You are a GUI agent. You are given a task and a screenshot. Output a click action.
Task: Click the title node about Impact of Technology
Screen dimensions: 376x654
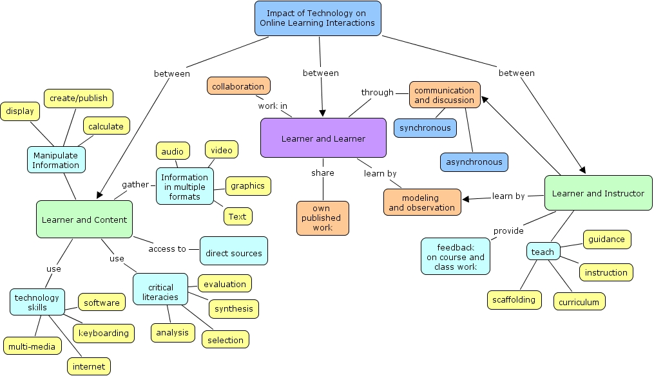point(318,18)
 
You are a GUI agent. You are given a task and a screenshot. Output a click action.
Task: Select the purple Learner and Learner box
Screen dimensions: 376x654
point(323,138)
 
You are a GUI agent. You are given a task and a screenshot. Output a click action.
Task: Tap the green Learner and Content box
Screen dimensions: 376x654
point(84,220)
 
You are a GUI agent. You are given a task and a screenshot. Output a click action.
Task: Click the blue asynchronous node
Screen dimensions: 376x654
point(474,162)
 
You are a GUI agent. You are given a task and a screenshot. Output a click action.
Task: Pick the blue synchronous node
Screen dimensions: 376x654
point(425,128)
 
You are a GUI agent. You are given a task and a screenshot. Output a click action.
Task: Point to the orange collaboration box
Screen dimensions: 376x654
point(238,86)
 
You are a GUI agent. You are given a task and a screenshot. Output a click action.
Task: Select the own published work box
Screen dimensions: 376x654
point(322,218)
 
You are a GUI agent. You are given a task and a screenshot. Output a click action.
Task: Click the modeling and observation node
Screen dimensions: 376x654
point(422,202)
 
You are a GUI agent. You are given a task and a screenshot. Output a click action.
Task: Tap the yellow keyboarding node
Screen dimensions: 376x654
point(104,333)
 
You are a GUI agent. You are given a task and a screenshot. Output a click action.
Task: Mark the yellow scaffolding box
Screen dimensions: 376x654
point(514,299)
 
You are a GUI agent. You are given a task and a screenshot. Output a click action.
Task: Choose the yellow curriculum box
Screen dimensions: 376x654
point(579,302)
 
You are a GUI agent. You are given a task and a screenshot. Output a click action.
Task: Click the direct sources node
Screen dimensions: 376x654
point(233,253)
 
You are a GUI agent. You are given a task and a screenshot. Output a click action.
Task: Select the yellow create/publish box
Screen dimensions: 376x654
point(79,99)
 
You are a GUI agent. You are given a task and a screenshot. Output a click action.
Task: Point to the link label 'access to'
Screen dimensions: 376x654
point(167,249)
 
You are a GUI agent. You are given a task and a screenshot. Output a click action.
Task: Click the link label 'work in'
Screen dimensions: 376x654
point(273,106)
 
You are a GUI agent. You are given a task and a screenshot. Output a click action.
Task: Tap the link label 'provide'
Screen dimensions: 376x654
point(508,230)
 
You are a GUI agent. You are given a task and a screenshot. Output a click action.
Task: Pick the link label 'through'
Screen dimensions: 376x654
point(377,92)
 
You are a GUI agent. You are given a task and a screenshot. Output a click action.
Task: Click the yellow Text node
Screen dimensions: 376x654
point(237,216)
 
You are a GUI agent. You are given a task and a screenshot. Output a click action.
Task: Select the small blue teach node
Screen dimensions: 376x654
point(543,252)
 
